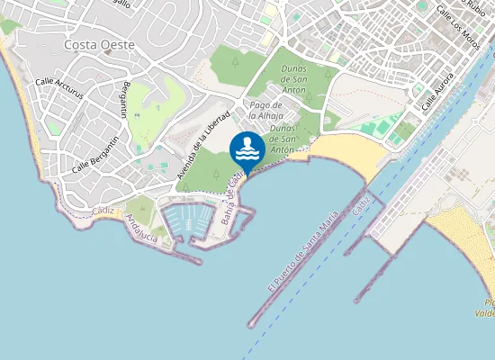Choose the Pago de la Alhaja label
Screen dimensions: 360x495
[x=266, y=112]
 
